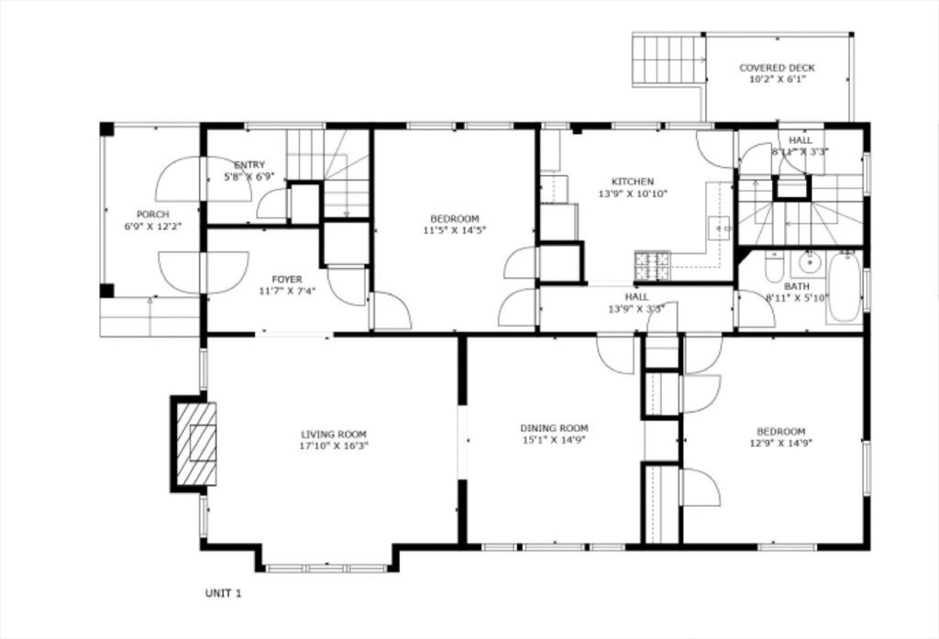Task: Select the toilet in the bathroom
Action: [x=773, y=267]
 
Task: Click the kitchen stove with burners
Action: [x=652, y=266]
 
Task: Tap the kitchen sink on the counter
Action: [x=720, y=226]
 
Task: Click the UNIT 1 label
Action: [x=223, y=593]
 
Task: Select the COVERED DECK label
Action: [x=777, y=68]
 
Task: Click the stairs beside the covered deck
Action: [x=668, y=60]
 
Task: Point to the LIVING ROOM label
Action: [x=334, y=435]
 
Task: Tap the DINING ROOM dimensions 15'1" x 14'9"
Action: [x=554, y=440]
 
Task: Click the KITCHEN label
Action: [x=633, y=182]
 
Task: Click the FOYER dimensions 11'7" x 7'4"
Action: [x=286, y=291]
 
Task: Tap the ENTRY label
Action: [x=249, y=165]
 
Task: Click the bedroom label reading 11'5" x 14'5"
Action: [x=454, y=230]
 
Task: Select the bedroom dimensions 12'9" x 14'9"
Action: [x=780, y=444]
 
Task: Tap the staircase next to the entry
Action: [x=344, y=174]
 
